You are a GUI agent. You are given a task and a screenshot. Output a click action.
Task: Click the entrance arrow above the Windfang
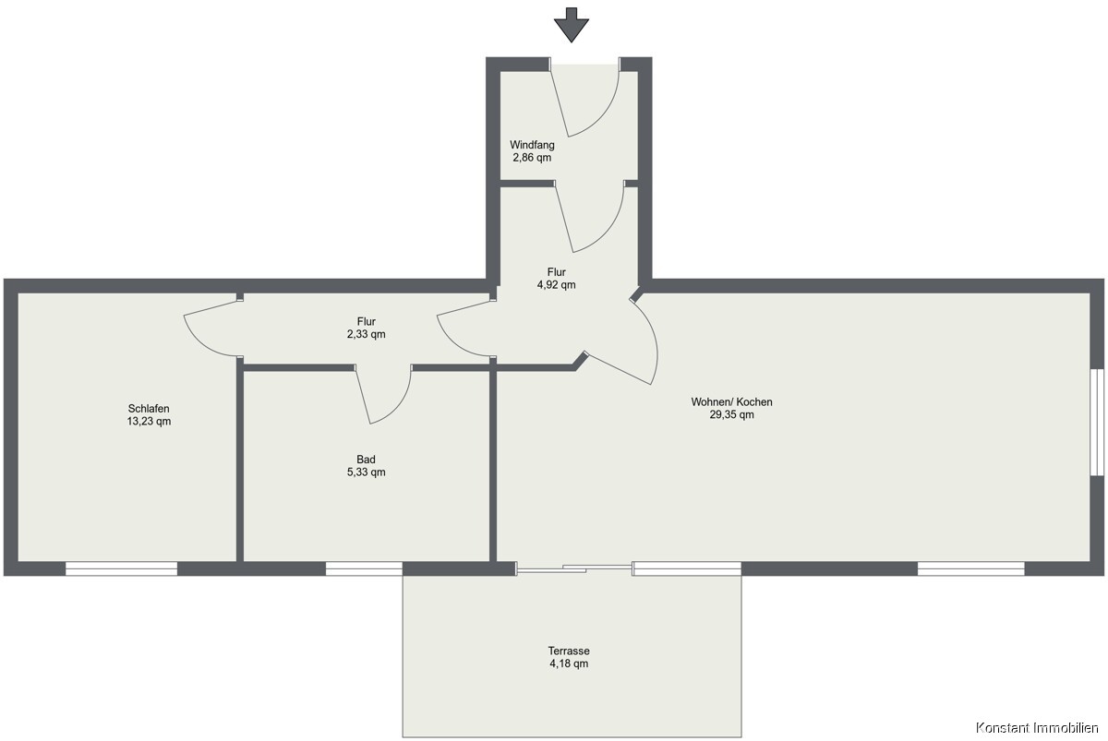point(572,26)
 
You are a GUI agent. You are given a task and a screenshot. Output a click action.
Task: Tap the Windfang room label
point(532,145)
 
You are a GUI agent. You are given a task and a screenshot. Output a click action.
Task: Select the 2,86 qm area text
point(532,158)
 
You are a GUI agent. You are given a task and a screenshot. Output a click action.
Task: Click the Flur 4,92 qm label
point(557,279)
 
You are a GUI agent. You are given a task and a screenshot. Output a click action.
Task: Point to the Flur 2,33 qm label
point(366,328)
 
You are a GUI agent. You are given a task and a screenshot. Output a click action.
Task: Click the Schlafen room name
point(149,408)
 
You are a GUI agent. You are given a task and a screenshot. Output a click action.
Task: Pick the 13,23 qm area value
point(149,421)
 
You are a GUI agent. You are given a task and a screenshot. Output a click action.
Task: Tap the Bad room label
point(366,460)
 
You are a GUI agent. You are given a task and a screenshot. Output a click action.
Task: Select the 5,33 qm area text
point(366,472)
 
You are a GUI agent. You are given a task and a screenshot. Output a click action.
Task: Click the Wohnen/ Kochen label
point(731,402)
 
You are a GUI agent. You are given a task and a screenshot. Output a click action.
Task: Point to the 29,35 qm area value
point(731,414)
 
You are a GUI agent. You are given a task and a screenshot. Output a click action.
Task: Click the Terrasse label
point(569,651)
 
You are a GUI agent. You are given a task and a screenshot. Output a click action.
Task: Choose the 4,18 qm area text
point(569,663)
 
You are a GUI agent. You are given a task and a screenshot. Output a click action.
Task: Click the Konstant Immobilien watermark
point(1037,727)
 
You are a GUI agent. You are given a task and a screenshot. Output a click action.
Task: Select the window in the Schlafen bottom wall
point(121,568)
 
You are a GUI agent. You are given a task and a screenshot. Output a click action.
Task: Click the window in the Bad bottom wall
point(364,568)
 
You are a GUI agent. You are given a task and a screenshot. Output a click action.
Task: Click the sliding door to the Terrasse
point(574,568)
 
